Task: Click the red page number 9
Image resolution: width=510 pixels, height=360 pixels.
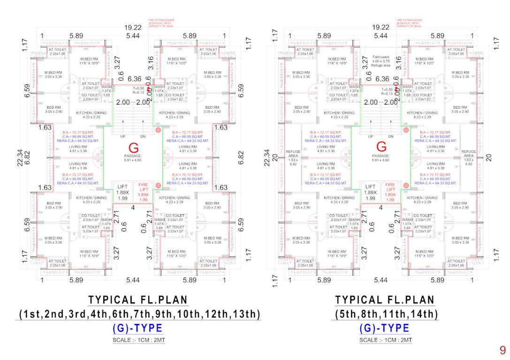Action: (x=502, y=350)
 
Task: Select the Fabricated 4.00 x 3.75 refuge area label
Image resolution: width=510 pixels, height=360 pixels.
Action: (x=381, y=61)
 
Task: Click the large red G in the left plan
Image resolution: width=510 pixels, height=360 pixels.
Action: (x=133, y=148)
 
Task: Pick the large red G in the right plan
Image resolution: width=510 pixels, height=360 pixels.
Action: (x=381, y=148)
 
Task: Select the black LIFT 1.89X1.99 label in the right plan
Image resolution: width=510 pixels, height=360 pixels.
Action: (x=371, y=192)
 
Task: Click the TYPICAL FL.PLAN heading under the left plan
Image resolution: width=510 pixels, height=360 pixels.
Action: (x=138, y=300)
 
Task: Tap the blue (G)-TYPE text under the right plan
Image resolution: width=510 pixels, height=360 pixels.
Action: (x=385, y=328)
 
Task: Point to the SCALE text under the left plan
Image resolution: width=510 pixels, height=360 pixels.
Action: (x=138, y=340)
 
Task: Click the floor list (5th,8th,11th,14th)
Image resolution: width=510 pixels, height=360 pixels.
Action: (x=385, y=314)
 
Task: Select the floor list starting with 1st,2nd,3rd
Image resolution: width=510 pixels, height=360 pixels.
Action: (x=138, y=314)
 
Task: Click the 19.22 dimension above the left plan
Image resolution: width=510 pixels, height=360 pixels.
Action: (x=133, y=28)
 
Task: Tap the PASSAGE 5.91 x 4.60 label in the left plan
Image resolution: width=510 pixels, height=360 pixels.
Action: (x=133, y=158)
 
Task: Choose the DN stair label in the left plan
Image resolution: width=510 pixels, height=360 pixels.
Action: (x=144, y=136)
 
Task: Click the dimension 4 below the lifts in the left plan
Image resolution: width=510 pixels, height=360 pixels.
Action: (x=133, y=207)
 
